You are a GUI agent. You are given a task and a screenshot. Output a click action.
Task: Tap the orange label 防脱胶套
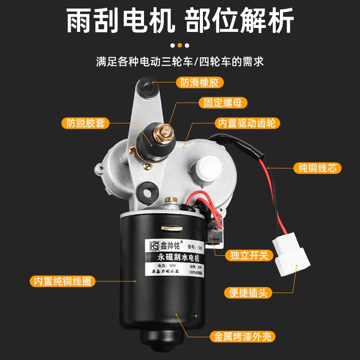click(86, 123)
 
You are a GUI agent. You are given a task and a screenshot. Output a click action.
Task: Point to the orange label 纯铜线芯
click(317, 168)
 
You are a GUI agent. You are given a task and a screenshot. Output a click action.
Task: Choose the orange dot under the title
click(180, 45)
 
